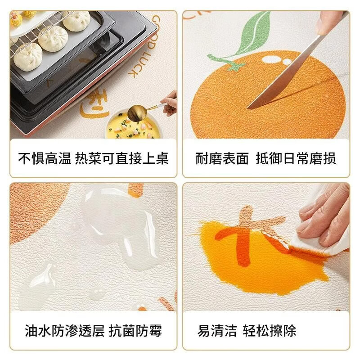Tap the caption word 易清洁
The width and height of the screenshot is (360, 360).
click(x=217, y=331)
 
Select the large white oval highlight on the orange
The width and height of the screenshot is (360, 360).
click(x=270, y=59)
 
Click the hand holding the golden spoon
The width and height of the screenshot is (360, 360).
click(x=170, y=101)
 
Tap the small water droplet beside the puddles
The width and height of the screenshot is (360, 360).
click(x=97, y=294)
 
